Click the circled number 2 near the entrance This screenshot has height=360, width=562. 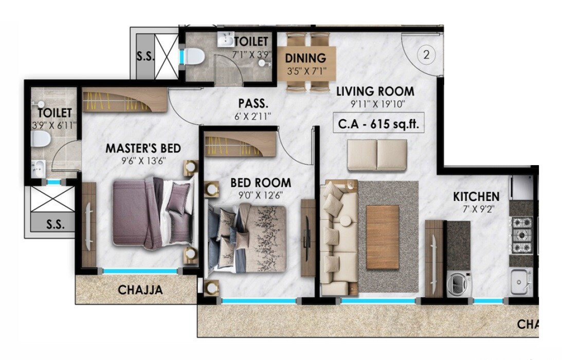point(426,55)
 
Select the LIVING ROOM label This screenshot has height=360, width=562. point(375,92)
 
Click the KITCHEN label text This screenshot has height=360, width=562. point(476,196)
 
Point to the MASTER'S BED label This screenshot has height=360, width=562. point(143,149)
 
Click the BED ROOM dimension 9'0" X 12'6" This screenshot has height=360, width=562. point(260,195)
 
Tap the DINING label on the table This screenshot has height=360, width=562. point(305,58)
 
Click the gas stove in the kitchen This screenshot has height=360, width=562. point(521,235)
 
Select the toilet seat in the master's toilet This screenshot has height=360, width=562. point(40,138)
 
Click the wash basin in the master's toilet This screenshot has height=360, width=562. point(39,167)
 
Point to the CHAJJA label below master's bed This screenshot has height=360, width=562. point(140,290)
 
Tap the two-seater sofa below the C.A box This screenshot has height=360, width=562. point(377,155)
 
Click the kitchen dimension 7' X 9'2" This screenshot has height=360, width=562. point(476,210)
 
